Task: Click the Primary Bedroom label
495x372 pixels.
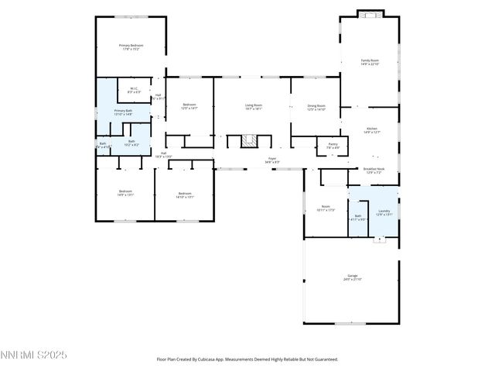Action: coord(131,47)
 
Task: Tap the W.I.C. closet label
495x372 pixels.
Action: coord(134,90)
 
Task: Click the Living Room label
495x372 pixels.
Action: coord(254,107)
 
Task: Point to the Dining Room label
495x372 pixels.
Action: coord(316,107)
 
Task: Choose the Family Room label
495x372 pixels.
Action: coord(370,62)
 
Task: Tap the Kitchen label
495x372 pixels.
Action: coord(371,130)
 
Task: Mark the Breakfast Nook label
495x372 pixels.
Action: coord(374,170)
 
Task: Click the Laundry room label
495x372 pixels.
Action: coord(384,212)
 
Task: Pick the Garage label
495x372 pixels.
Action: coord(352,277)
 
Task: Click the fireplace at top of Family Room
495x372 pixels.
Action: coord(370,13)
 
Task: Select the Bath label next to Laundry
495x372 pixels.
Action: coord(357,218)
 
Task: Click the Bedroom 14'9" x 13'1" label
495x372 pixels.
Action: coord(125,193)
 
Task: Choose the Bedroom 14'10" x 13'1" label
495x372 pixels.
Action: coord(184,195)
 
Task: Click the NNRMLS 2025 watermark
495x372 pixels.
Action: coord(34,355)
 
